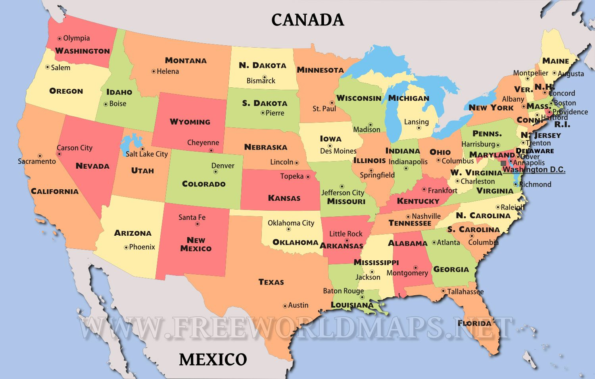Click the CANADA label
[x=307, y=20]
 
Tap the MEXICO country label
[x=213, y=360]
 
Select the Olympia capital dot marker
[x=59, y=38]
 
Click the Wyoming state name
[x=190, y=122]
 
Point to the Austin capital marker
[x=285, y=306]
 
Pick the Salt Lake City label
[x=147, y=154]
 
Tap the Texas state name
[x=271, y=282]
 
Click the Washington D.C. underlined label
[x=534, y=170]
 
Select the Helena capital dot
[x=154, y=71]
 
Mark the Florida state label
[x=474, y=323]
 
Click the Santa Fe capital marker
[x=197, y=224]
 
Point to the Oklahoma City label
[x=291, y=223]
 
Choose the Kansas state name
[x=284, y=198]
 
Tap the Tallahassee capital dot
[x=443, y=291]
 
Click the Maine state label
[x=556, y=61]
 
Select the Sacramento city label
[x=37, y=162]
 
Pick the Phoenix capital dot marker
[x=126, y=247]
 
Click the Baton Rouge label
[x=343, y=291]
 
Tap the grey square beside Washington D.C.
[x=503, y=163]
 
